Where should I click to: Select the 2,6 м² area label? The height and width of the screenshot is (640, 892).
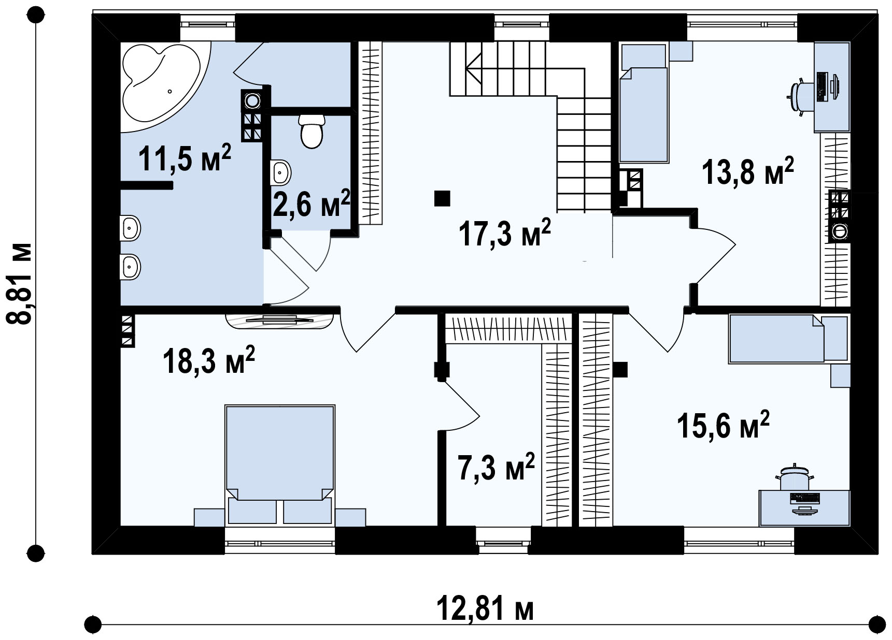pos(311,203)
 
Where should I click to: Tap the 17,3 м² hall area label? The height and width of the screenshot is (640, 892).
pos(504,234)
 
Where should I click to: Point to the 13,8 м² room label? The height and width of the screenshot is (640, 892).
pos(747,171)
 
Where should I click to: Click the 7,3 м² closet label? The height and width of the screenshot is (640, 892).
pos(495,467)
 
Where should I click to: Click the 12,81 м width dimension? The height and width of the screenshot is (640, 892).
pos(485,608)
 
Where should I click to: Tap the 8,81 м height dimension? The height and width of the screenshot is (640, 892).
pos(20,283)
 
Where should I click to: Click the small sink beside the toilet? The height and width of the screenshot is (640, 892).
pos(280,171)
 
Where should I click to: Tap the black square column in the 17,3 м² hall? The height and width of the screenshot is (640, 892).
pos(442,198)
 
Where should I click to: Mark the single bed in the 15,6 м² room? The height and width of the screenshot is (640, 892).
pos(776,339)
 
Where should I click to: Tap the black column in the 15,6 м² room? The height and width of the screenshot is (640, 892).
pos(620,370)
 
